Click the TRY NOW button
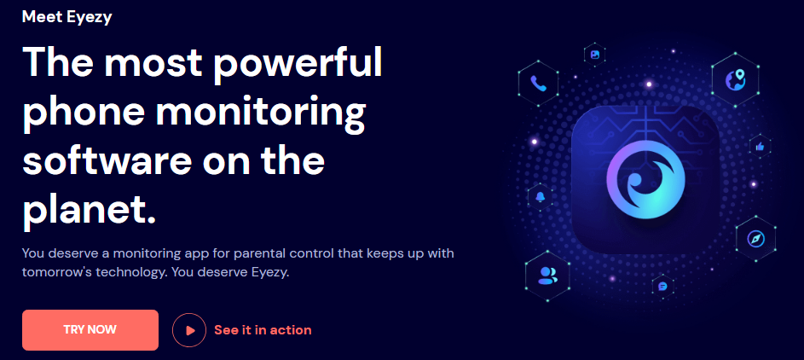pos(90,330)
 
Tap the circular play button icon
pos(189,330)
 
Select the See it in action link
pos(263,330)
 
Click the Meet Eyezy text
pos(67,17)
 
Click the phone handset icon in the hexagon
pos(538,83)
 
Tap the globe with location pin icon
pos(735,80)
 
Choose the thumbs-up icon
pos(760,147)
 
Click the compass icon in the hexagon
pos(755,239)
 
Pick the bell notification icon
pos(540,197)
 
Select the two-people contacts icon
pos(547,276)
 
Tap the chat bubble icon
pos(662,286)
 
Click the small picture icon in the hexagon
pos(595,55)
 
